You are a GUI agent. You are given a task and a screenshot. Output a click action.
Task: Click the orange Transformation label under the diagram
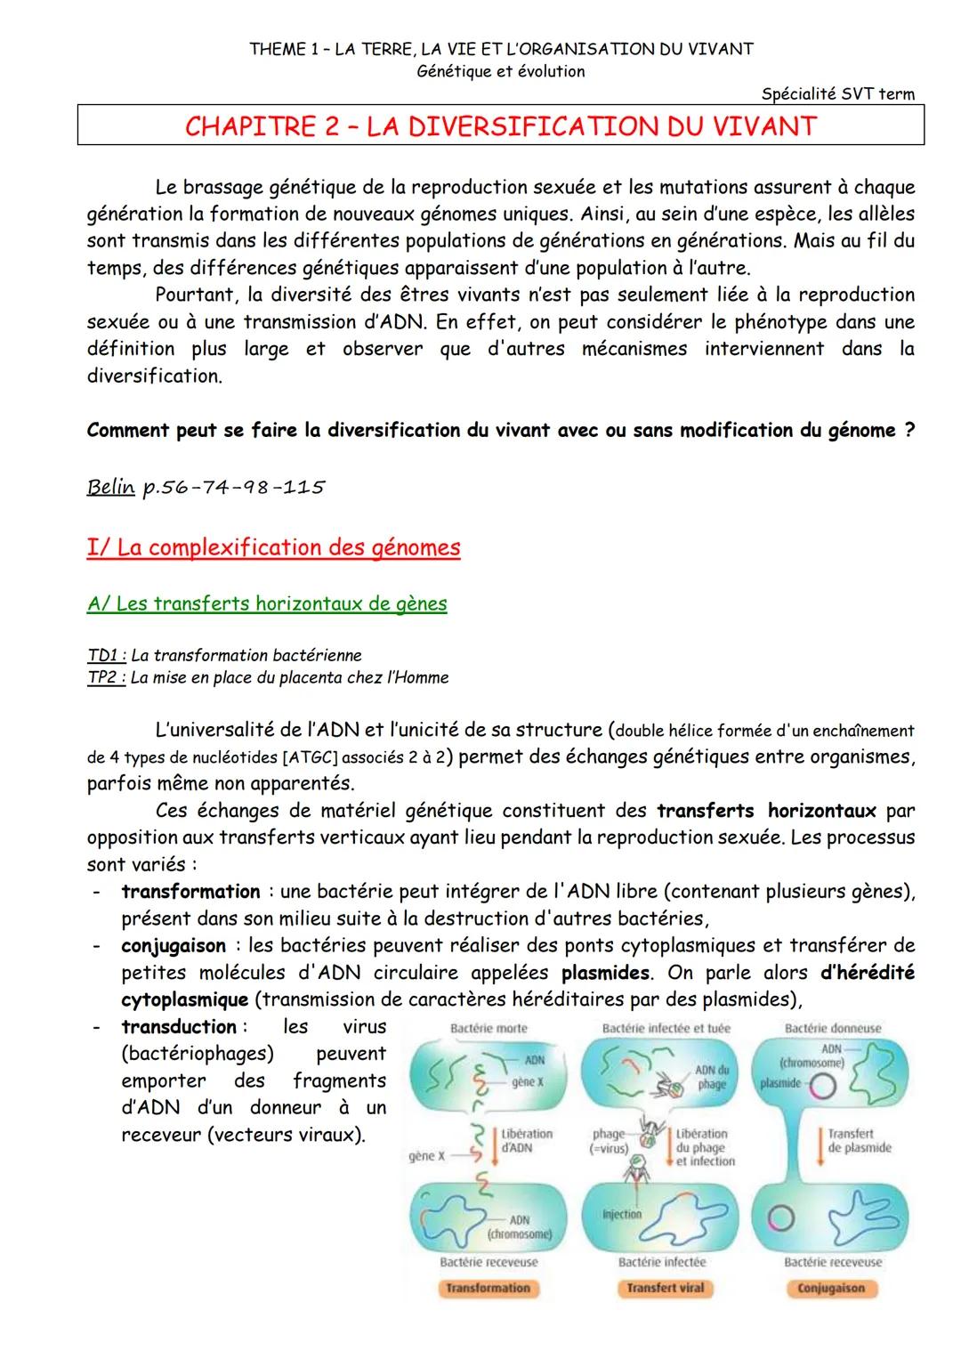487,1288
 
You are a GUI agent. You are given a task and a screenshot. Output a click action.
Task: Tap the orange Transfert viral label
665,1288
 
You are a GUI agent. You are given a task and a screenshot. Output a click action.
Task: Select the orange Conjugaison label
831,1288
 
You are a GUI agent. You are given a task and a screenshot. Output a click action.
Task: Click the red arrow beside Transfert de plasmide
818,1142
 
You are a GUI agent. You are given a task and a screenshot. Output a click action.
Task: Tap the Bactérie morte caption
489,1028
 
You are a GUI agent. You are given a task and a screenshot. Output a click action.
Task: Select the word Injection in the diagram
622,1214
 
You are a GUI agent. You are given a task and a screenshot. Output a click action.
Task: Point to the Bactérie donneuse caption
833,1028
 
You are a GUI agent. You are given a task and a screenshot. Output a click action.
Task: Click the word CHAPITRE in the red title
243,126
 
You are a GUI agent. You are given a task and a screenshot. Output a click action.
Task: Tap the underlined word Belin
110,487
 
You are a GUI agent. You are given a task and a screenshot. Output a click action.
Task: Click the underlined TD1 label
105,656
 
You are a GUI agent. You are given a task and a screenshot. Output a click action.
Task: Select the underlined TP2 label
105,678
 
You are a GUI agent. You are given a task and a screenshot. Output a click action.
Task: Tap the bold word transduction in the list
178,1026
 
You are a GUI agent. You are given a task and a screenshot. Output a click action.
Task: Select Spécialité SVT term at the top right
837,93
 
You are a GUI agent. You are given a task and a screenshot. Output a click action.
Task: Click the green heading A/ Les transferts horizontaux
267,604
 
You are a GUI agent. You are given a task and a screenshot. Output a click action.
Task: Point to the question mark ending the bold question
909,431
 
